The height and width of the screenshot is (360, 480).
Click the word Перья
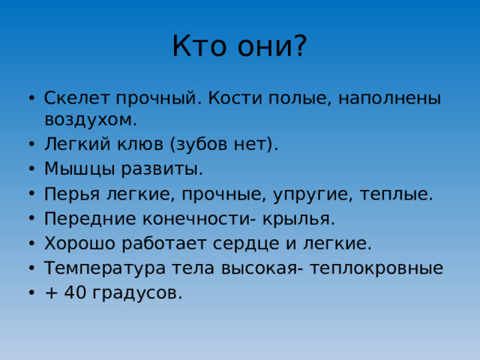coord(70,194)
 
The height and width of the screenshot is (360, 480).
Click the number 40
coord(75,292)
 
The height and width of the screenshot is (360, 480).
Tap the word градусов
coord(137,292)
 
